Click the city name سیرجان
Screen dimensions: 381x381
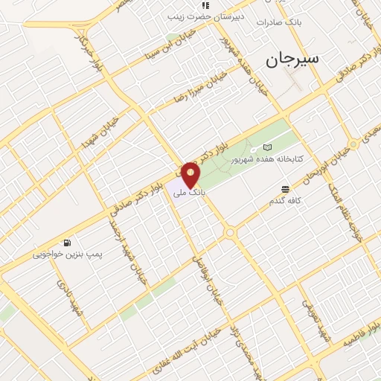coord(288,59)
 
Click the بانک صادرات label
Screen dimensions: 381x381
coord(277,22)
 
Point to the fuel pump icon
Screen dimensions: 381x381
coord(68,243)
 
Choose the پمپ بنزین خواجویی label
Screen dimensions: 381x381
coord(63,254)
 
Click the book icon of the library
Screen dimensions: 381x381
coord(267,147)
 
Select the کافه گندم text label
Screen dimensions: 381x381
coord(286,202)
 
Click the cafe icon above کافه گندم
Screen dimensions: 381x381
coord(286,190)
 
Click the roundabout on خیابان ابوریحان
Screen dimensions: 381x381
coord(230,233)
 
